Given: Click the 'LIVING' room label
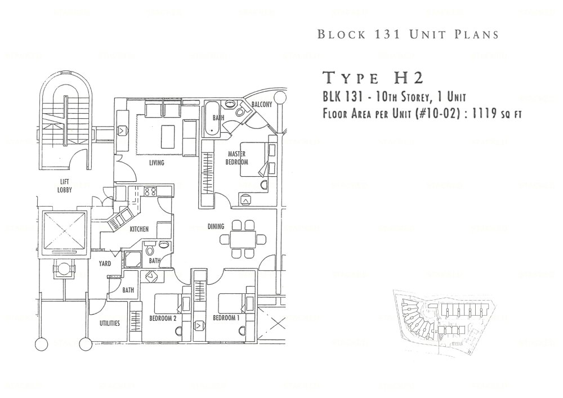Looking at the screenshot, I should pos(156,163).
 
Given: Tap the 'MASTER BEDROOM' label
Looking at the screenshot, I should pos(237,158).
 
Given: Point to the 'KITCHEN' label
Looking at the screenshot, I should pos(139,229).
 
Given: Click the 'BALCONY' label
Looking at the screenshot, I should pos(262,105).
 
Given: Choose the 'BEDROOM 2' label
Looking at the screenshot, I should pos(163,318).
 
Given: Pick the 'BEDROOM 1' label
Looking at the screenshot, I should pos(226,318).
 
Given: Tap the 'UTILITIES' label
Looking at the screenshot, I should pos(109,324).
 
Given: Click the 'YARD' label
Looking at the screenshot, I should pos(105,263).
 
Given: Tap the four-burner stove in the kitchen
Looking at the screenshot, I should pos(150,191).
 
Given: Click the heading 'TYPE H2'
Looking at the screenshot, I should pos(372,78).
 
